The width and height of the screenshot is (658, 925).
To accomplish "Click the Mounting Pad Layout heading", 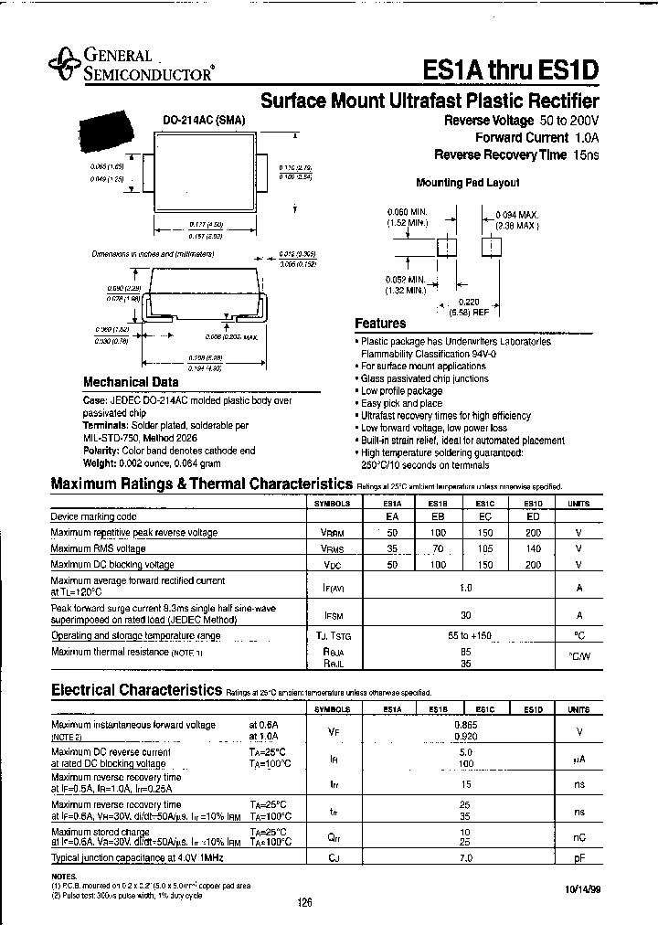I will [467, 183].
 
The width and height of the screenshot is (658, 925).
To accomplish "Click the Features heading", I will [380, 324].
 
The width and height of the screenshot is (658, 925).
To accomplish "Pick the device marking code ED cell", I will [532, 517].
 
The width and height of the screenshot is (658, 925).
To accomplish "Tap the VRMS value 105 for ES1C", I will [486, 548].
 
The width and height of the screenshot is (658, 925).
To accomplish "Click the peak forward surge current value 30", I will [464, 615].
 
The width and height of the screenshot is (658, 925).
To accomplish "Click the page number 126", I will [303, 903].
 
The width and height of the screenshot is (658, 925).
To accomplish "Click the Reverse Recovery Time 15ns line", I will [516, 155].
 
